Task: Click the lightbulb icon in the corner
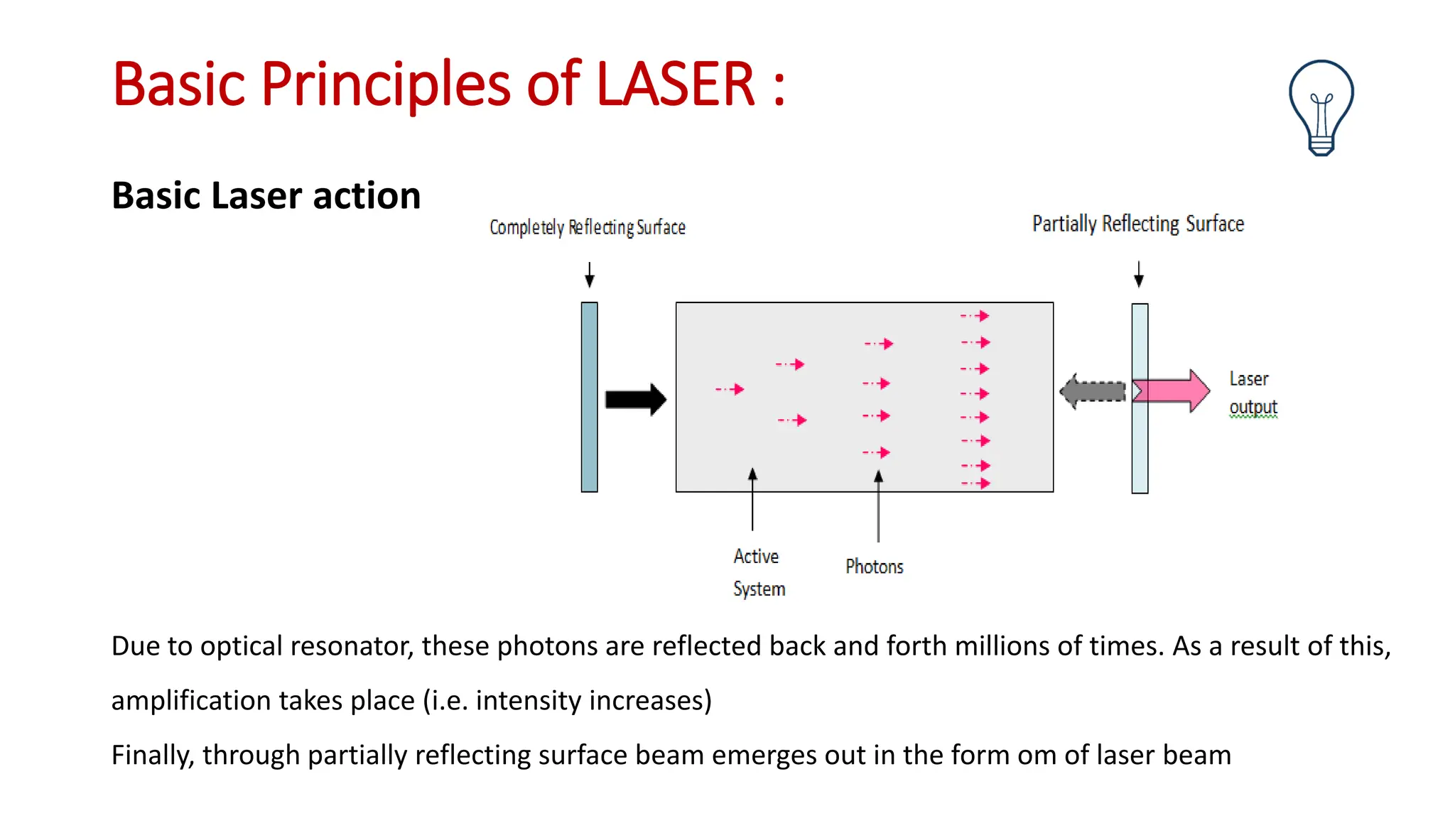tap(1321, 107)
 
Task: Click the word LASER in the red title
tap(675, 84)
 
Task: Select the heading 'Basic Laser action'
tap(266, 196)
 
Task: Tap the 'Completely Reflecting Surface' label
tap(587, 227)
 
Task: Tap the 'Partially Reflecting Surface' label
tap(1137, 224)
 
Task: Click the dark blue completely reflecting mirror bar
tap(589, 397)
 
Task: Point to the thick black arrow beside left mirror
tap(635, 399)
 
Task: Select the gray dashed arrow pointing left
tap(1093, 391)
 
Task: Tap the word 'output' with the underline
tap(1253, 407)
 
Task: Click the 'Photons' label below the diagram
tap(874, 567)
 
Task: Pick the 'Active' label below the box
tap(756, 556)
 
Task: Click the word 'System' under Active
tap(759, 589)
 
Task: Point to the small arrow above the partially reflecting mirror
tap(1139, 274)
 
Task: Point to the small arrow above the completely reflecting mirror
tap(589, 275)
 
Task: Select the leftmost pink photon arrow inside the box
tap(730, 389)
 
